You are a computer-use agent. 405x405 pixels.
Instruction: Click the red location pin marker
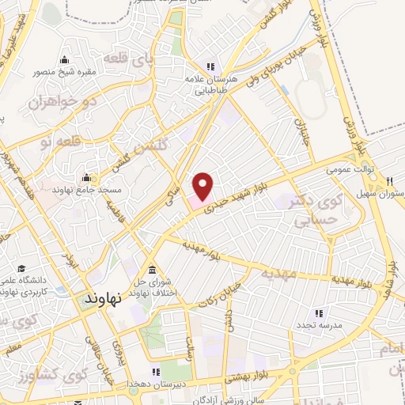[x=203, y=185]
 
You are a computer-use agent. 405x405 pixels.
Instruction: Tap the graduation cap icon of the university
[x=21, y=268]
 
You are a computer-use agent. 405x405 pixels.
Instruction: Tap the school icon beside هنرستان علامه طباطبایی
[x=210, y=66]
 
